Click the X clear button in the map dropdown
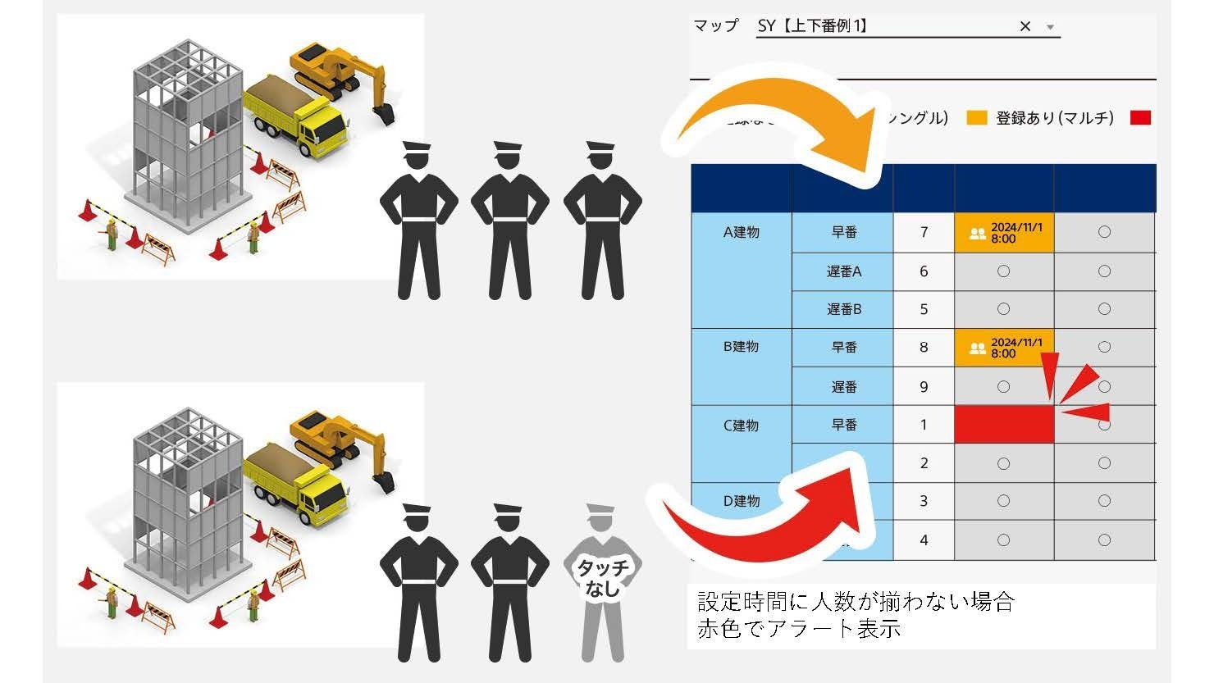pyautogui.click(x=1025, y=26)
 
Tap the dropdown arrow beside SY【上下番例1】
pyautogui.click(x=1050, y=27)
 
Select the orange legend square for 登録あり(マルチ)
pyautogui.click(x=976, y=118)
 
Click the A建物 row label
pyautogui.click(x=742, y=233)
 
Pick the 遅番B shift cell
pyautogui.click(x=843, y=309)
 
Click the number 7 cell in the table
pyautogui.click(x=924, y=233)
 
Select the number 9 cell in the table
pyautogui.click(x=924, y=386)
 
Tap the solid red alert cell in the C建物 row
pyautogui.click(x=1004, y=425)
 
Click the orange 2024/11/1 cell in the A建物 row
pyautogui.click(x=1004, y=233)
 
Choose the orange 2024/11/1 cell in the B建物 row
pyautogui.click(x=1004, y=348)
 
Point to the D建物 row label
pyautogui.click(x=742, y=501)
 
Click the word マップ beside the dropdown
pyautogui.click(x=715, y=26)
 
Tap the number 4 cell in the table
pyautogui.click(x=924, y=540)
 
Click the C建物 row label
pyautogui.click(x=742, y=426)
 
